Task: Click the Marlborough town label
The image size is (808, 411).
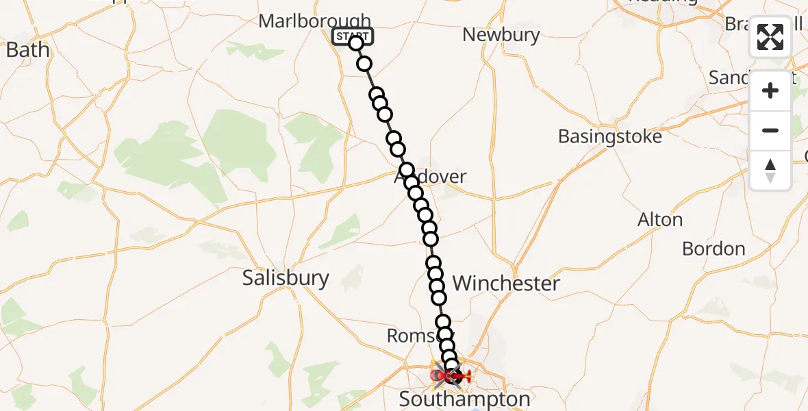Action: point(314,21)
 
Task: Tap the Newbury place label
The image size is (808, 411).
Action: point(501,35)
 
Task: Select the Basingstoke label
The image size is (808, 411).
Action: point(610,136)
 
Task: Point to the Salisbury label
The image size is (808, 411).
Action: point(286,278)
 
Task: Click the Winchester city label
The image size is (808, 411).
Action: point(506,283)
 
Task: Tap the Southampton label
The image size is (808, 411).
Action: point(464,399)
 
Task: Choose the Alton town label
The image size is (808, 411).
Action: point(660,220)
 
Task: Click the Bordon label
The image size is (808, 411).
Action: point(714,249)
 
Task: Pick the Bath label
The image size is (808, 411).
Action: point(27,50)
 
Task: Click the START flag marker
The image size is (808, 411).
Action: point(352,36)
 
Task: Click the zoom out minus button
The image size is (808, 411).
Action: point(770,131)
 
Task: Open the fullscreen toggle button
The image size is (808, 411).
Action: point(770,37)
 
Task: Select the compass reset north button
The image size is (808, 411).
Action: point(770,171)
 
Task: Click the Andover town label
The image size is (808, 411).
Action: point(430,177)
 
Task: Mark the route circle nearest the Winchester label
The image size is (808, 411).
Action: point(439,298)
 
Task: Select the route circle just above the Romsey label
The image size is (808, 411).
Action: point(443,322)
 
